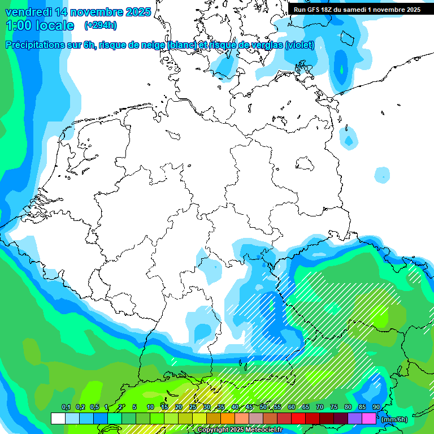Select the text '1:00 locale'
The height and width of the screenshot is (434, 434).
point(40,25)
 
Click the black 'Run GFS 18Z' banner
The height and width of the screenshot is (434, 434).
point(357,10)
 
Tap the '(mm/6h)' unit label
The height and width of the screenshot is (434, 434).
point(394,419)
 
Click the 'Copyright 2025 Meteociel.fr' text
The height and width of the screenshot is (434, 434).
point(240,430)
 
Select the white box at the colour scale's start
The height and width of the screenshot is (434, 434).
point(58,418)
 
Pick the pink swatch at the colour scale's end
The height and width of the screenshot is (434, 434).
point(369,418)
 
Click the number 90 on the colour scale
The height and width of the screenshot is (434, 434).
point(376,407)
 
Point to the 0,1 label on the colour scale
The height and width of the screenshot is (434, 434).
point(66,407)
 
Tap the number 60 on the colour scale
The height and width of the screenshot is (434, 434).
point(291,407)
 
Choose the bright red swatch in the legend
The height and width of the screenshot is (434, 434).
point(298,418)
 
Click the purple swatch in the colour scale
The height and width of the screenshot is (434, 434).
point(355,418)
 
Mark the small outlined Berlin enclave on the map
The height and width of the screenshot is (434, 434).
point(305,164)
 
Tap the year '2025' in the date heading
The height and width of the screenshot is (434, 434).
point(134,12)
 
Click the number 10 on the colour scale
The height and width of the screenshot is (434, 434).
point(150,407)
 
